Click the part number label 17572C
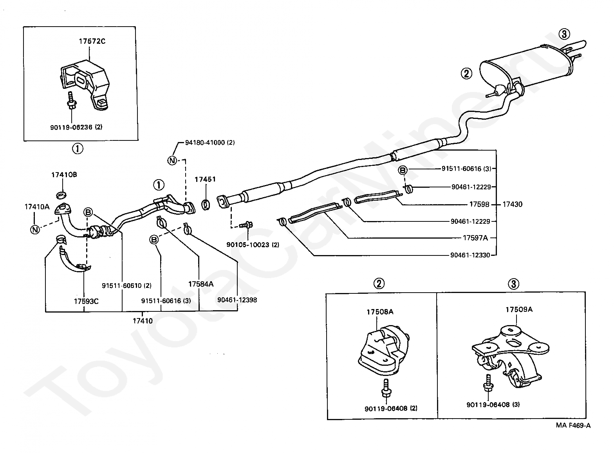pyautogui.click(x=92, y=41)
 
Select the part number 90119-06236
pyautogui.click(x=71, y=127)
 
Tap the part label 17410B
pyautogui.click(x=64, y=175)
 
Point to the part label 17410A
pyautogui.click(x=37, y=207)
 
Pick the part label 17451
pyautogui.click(x=205, y=180)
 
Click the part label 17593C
pyautogui.click(x=86, y=301)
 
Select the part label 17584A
pyautogui.click(x=201, y=284)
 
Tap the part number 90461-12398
pyautogui.click(x=237, y=300)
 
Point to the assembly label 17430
pyautogui.click(x=513, y=204)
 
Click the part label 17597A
pyautogui.click(x=475, y=238)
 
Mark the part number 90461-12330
pyautogui.click(x=470, y=255)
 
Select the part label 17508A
pyautogui.click(x=380, y=312)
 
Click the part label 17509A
pyautogui.click(x=519, y=309)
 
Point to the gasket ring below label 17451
pyautogui.click(x=206, y=205)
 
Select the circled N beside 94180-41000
pyautogui.click(x=172, y=160)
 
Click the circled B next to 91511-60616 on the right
pyautogui.click(x=403, y=170)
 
